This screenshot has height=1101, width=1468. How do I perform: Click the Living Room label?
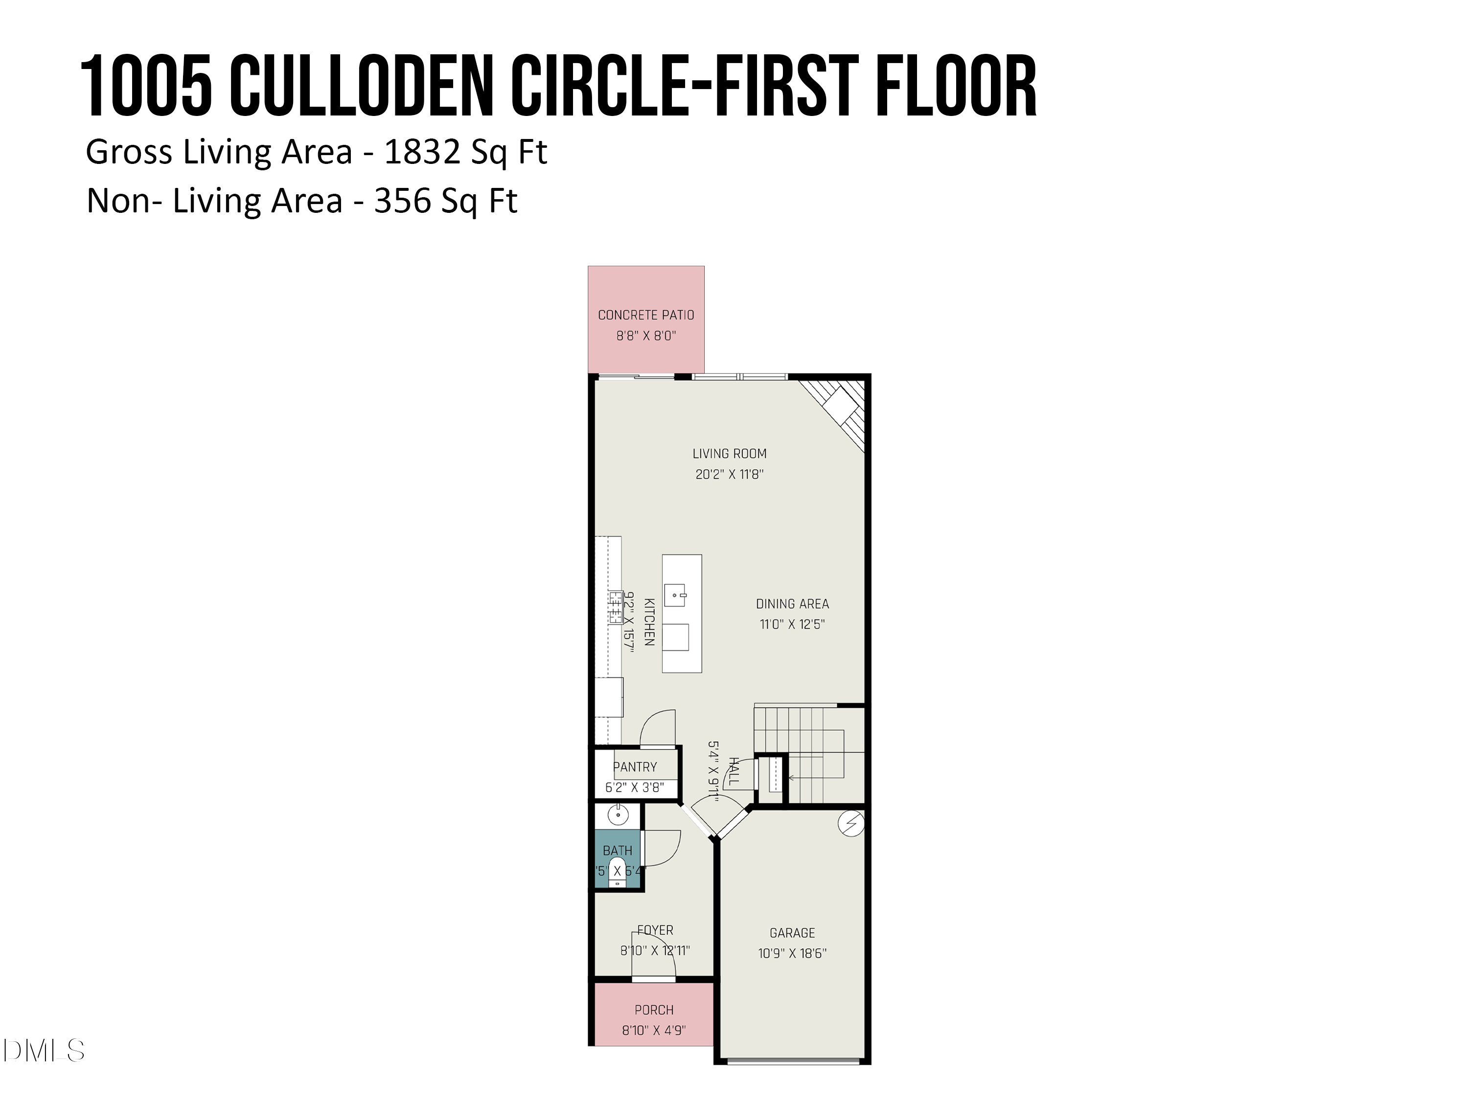coord(730,454)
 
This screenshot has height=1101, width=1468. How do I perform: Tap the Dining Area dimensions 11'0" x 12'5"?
coord(792,624)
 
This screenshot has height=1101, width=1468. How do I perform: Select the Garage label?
coord(792,933)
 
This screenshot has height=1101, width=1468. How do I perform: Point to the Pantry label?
coord(635,767)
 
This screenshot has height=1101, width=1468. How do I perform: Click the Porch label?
coord(654,1010)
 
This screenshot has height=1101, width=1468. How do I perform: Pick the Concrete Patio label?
coord(646,315)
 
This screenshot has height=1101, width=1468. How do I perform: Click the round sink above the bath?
coord(618,814)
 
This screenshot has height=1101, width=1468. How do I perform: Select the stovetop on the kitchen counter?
coord(615,607)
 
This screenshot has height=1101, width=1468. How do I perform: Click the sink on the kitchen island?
coord(675,596)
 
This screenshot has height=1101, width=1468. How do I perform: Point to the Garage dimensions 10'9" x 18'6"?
coord(792,954)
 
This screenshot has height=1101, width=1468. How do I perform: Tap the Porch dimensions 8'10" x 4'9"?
coord(654,1031)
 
